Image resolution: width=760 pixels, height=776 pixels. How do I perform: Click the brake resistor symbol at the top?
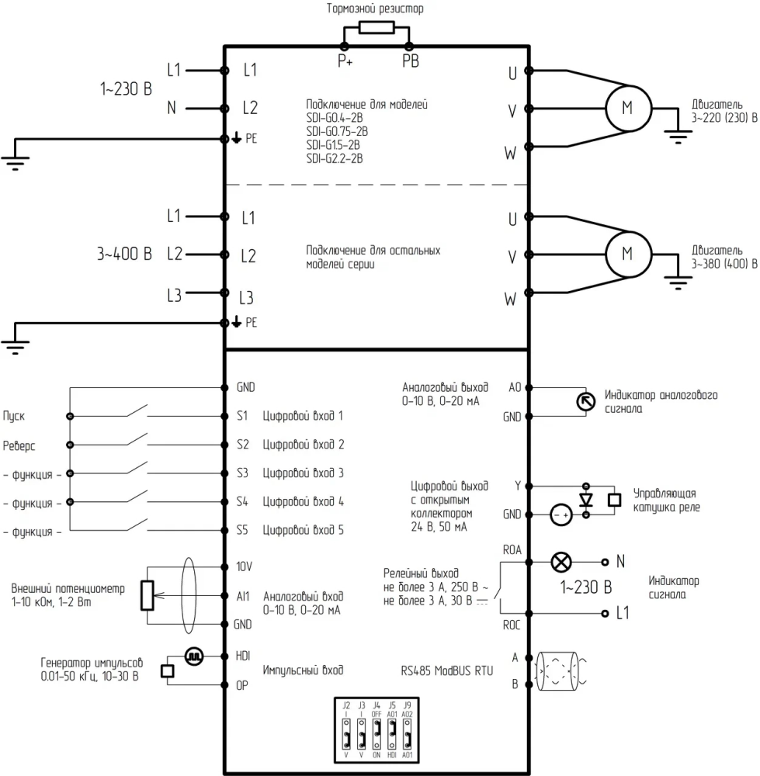377,27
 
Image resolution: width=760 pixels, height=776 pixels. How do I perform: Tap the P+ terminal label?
345,61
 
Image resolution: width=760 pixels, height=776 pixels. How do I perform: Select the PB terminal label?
411,61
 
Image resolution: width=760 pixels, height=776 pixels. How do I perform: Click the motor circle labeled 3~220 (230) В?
628,108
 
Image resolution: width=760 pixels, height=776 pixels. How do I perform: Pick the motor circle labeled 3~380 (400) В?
628,255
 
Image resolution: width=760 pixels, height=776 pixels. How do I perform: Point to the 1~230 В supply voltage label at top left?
126,89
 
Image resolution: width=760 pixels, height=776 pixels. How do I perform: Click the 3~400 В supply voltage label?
124,254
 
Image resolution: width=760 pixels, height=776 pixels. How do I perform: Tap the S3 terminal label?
242,473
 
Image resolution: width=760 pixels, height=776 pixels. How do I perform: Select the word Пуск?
14,416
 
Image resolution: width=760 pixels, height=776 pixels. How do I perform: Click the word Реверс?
19,445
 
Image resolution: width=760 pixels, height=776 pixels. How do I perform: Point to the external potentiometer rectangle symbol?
147,595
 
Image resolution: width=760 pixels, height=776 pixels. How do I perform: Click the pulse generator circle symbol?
194,656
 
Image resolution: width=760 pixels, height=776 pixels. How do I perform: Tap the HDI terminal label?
243,656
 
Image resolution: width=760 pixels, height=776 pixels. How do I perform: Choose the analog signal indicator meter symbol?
586,401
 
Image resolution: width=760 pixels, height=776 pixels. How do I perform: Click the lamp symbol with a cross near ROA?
561,562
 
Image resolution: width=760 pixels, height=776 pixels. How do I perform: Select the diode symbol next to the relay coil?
586,500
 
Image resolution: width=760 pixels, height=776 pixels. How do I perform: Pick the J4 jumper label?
377,705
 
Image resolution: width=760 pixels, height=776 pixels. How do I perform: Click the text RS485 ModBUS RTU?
447,671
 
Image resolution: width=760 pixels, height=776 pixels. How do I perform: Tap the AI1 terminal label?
243,596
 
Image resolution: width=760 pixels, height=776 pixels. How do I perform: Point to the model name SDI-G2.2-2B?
335,159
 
